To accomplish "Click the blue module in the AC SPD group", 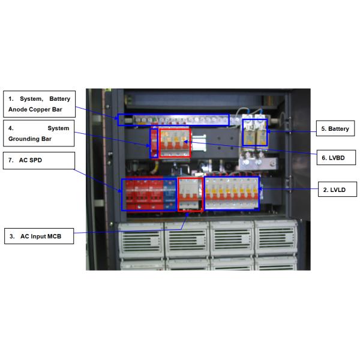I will click(x=169, y=194).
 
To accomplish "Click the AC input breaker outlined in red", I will click(x=191, y=194).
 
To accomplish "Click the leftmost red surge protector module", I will click(x=128, y=194).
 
